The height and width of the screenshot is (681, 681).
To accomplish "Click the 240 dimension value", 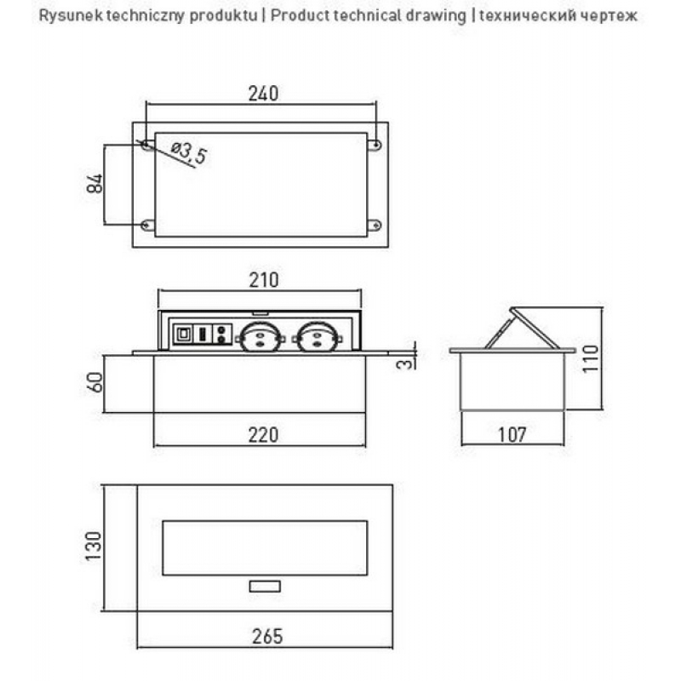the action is click(263, 94).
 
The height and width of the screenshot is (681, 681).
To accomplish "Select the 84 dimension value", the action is click(94, 183).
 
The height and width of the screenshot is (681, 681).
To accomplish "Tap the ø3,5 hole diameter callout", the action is click(189, 152).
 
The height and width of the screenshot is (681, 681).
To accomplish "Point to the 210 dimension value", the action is click(264, 280).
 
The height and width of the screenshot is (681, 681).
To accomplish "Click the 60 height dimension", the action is click(95, 382).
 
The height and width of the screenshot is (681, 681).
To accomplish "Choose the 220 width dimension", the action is click(263, 435).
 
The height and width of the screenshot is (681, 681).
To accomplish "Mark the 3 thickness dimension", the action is click(404, 363).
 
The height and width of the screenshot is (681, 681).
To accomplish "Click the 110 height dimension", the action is click(591, 358).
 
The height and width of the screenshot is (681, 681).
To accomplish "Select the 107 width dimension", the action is click(512, 434).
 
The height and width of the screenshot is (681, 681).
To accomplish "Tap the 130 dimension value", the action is click(93, 546).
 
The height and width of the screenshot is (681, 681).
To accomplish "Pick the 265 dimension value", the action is click(267, 636).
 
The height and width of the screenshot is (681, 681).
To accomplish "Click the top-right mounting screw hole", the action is click(376, 145).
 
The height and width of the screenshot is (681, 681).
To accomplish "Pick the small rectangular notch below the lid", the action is click(265, 587).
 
